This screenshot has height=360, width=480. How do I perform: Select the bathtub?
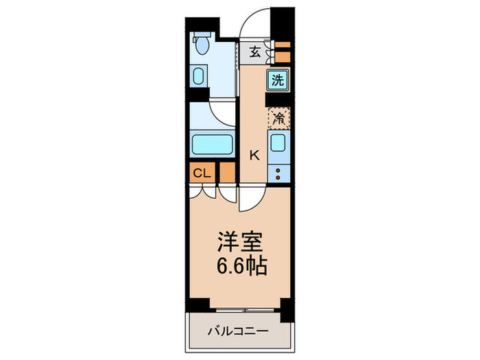pyautogui.click(x=211, y=144)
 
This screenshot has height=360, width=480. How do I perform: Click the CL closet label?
pyautogui.click(x=201, y=172)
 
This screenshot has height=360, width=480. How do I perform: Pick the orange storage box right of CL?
pyautogui.click(x=226, y=173)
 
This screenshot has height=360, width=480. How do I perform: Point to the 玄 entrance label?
pyautogui.click(x=254, y=52)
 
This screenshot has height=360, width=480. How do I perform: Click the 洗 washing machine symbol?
pyautogui.click(x=277, y=79)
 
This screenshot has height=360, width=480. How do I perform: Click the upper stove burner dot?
pyautogui.click(x=278, y=169)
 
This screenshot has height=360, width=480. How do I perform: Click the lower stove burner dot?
pyautogui.click(x=278, y=178)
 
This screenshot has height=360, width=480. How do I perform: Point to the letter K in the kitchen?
pyautogui.click(x=254, y=155)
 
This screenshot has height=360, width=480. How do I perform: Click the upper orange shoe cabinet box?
pyautogui.click(x=282, y=47)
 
